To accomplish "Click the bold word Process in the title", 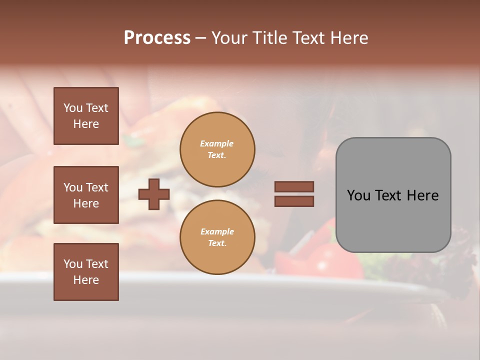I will click(157, 38).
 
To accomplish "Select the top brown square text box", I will click(86, 116).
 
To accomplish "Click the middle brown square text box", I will click(86, 195).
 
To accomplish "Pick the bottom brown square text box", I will click(86, 272).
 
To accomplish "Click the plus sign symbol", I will click(154, 194).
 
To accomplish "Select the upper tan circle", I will click(217, 149).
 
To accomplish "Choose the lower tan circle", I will click(217, 237).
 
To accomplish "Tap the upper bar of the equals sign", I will click(294, 186).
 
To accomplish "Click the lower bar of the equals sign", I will click(294, 201).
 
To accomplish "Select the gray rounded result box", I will click(393, 195).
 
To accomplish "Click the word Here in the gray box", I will click(423, 195).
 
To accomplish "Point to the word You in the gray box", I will click(358, 195).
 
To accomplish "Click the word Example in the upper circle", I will click(216, 144).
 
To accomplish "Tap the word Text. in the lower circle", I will click(217, 243).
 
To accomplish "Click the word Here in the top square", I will click(86, 124).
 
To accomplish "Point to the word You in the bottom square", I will click(73, 264).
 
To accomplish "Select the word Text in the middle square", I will click(97, 187).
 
